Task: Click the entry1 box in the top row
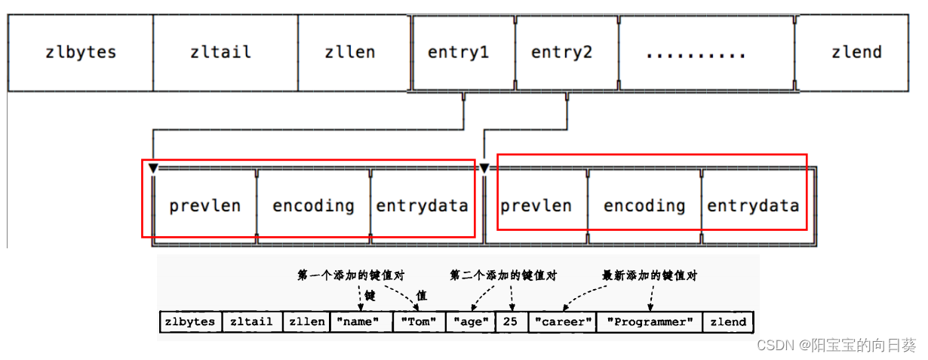(x=463, y=53)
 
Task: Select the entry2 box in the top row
(x=567, y=53)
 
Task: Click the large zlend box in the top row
(x=856, y=53)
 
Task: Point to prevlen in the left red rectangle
(x=204, y=205)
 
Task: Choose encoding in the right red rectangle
(x=644, y=205)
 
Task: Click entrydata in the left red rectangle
(x=422, y=205)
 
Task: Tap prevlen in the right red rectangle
(x=536, y=205)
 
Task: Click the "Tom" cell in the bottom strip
(x=419, y=322)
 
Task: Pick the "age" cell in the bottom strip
(x=470, y=322)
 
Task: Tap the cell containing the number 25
(x=512, y=322)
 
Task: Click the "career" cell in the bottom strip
(x=562, y=322)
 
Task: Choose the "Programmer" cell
(x=649, y=322)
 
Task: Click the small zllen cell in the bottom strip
(x=306, y=322)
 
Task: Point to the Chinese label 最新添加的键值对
(x=650, y=276)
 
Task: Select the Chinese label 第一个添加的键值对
(x=351, y=276)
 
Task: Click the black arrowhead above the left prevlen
(x=153, y=168)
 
